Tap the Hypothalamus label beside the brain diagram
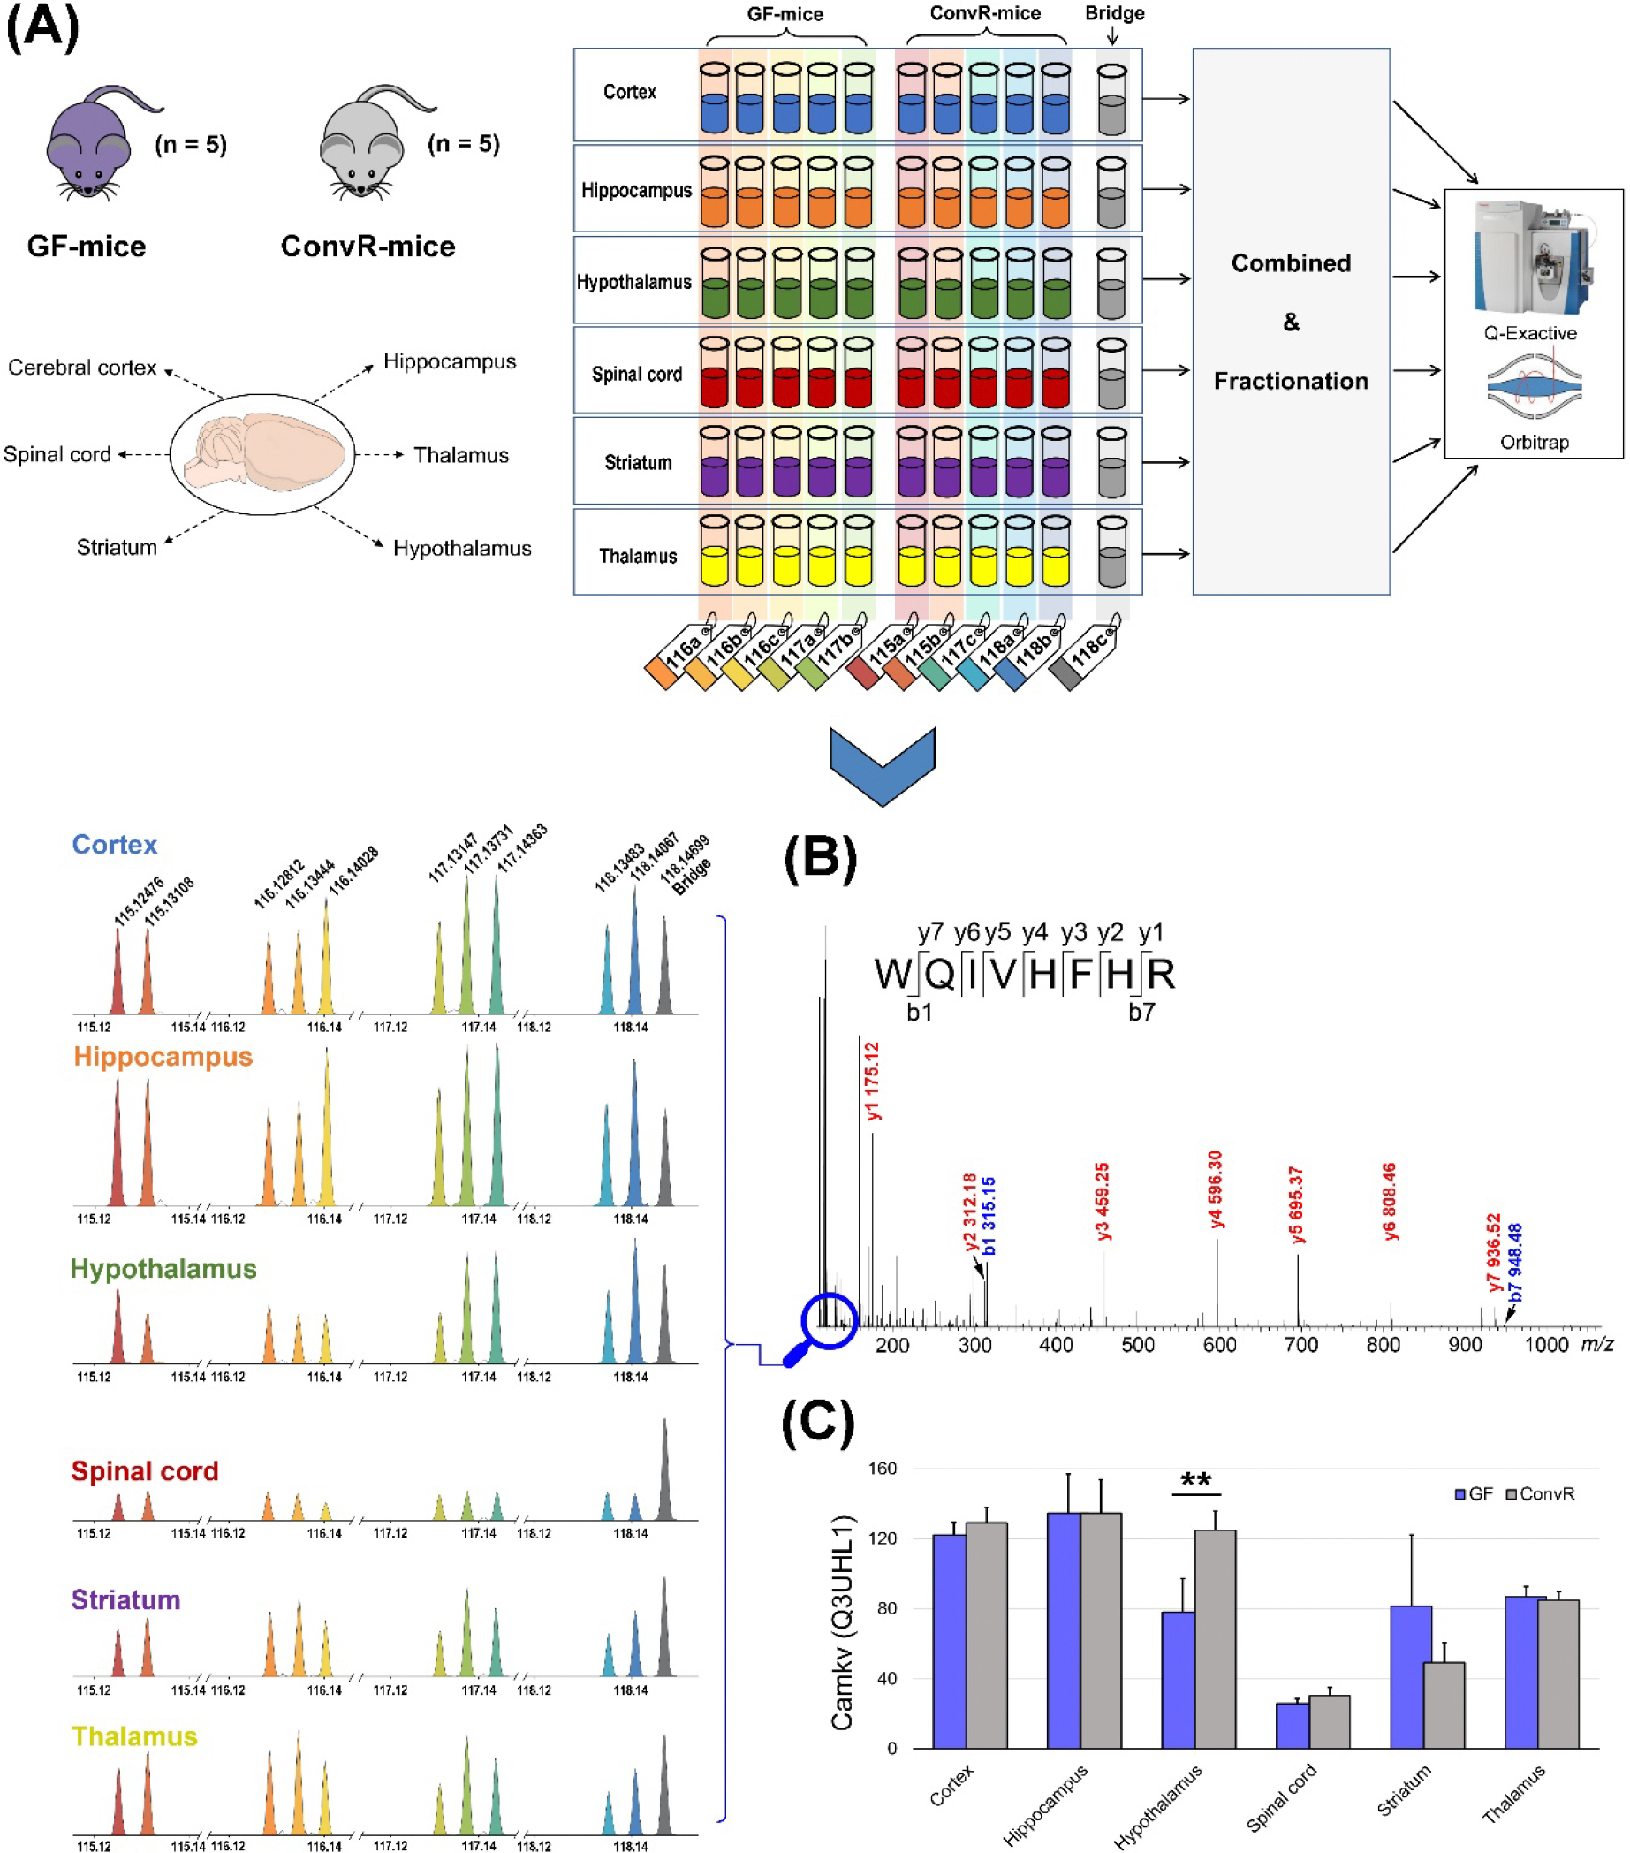[x=461, y=549]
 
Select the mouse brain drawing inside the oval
[x=263, y=453]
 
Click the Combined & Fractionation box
[x=1290, y=322]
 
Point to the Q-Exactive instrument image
[x=1532, y=258]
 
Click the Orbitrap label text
[x=1534, y=443]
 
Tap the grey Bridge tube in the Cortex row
[x=1111, y=100]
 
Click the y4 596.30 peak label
[x=1216, y=1189]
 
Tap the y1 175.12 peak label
[x=872, y=1081]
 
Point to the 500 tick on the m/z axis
[x=1138, y=1345]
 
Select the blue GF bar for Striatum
[x=1410, y=1677]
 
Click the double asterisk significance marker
[x=1195, y=1479]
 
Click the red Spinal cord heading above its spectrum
[x=145, y=1470]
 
